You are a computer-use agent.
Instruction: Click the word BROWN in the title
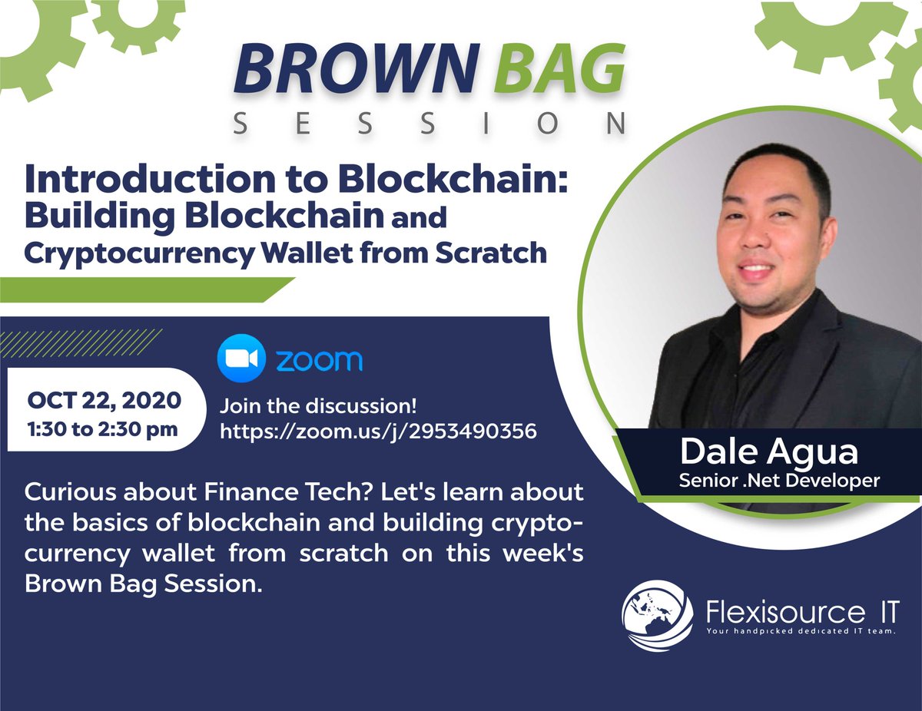pyautogui.click(x=356, y=69)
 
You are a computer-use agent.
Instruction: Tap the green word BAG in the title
pyautogui.click(x=560, y=69)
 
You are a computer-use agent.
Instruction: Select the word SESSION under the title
pyautogui.click(x=429, y=124)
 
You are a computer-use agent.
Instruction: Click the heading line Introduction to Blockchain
pyautogui.click(x=296, y=179)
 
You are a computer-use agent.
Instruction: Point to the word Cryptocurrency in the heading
pyautogui.click(x=140, y=254)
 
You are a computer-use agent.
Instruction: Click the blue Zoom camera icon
pyautogui.click(x=241, y=359)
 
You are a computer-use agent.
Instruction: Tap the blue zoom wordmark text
pyautogui.click(x=320, y=360)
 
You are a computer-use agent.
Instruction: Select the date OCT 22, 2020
pyautogui.click(x=104, y=401)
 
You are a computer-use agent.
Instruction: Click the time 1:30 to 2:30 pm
pyautogui.click(x=103, y=429)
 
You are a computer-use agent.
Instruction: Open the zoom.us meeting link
pyautogui.click(x=379, y=432)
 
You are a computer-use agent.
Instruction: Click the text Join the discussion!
pyautogui.click(x=318, y=405)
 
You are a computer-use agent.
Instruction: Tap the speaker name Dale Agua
pyautogui.click(x=769, y=453)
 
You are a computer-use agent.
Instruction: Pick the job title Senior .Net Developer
pyautogui.click(x=779, y=481)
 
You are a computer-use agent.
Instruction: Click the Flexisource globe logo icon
pyautogui.click(x=657, y=616)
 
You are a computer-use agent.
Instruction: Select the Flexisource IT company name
pyautogui.click(x=802, y=612)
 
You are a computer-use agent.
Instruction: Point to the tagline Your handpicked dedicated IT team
pyautogui.click(x=801, y=631)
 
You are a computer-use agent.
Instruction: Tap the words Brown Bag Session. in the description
pyautogui.click(x=144, y=584)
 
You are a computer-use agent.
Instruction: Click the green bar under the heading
pyautogui.click(x=148, y=289)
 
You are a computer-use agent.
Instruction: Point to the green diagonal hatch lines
pyautogui.click(x=81, y=343)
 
